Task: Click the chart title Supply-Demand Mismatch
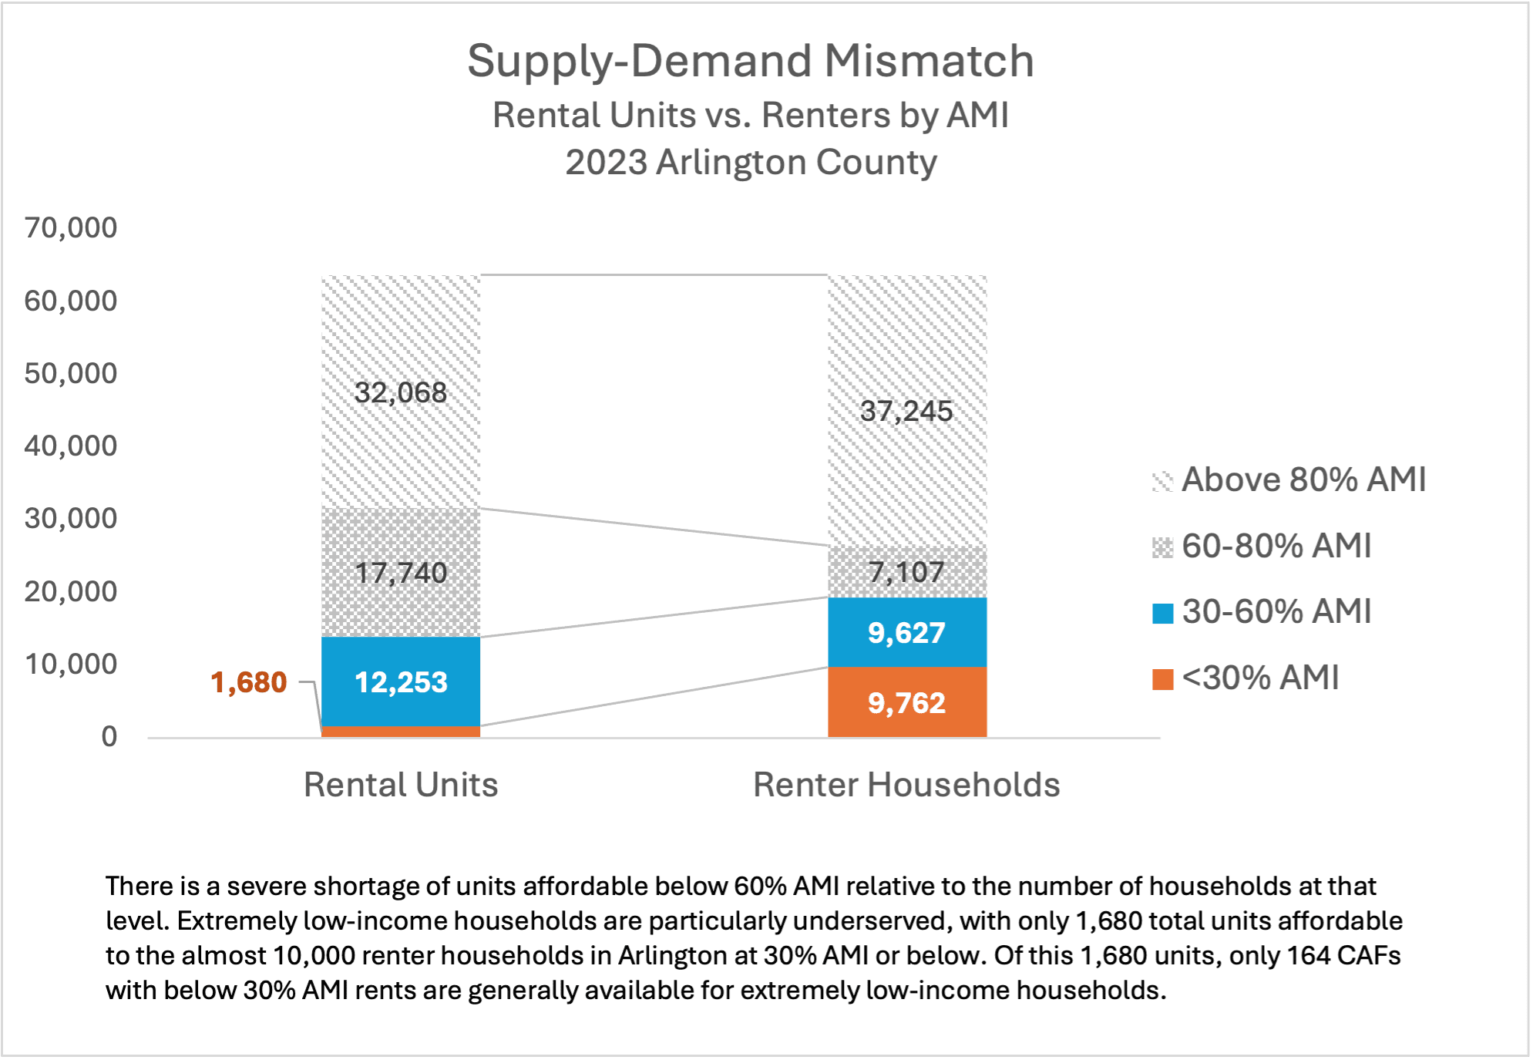750,62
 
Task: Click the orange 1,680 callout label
248,682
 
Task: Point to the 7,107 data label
906,572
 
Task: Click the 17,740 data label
401,573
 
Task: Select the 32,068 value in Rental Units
401,392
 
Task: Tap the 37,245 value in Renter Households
906,411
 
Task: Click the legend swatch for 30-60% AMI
1162,613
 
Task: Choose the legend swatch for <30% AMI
1162,679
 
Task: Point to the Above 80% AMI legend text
1303,480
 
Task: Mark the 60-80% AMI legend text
1276,546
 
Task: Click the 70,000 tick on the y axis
71,228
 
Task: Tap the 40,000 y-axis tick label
71,446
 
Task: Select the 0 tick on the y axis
109,737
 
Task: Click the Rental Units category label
401,785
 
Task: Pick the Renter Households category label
906,785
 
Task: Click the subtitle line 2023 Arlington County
750,163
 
